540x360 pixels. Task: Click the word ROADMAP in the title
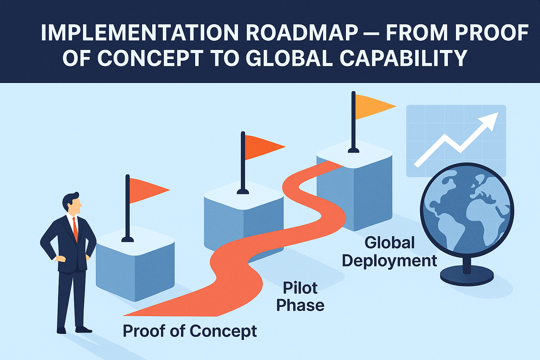tap(302, 33)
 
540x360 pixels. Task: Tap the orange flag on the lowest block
tap(148, 190)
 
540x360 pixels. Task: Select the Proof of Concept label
tap(190, 331)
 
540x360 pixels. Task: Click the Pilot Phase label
tap(300, 297)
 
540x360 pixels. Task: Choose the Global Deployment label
tap(390, 252)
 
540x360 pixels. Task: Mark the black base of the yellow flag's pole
tap(353, 150)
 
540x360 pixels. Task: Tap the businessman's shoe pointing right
tap(84, 330)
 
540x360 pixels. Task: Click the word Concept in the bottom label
tap(223, 331)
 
